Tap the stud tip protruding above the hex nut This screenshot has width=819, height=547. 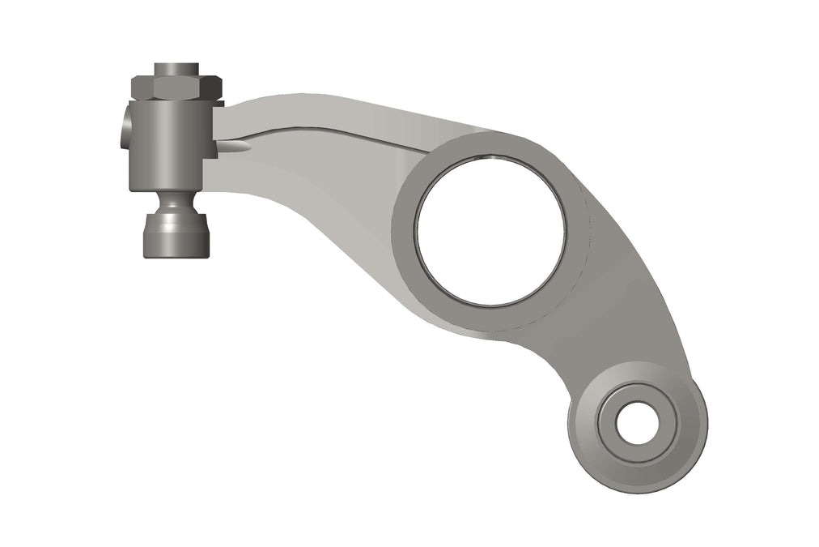point(176,67)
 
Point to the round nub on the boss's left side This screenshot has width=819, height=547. point(124,128)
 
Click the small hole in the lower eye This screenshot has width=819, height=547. point(639,423)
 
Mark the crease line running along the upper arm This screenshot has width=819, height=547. point(340,129)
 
